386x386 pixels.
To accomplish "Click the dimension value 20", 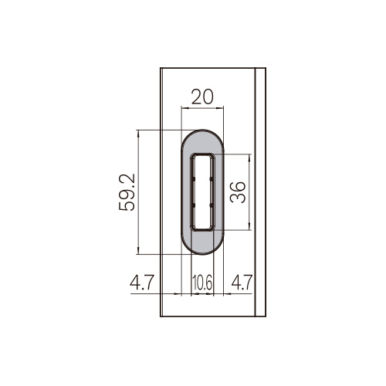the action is click(202, 96).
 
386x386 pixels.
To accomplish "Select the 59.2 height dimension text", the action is click(127, 192).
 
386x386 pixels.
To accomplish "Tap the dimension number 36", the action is click(238, 192).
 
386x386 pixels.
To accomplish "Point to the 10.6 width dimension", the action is click(202, 283).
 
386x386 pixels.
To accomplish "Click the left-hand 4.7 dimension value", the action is click(142, 283).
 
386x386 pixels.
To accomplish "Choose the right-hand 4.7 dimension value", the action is click(242, 283).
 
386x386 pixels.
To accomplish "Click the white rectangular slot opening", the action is click(202, 192).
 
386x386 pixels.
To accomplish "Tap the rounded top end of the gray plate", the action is click(202, 137).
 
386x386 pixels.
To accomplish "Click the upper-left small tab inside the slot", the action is click(194, 178).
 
